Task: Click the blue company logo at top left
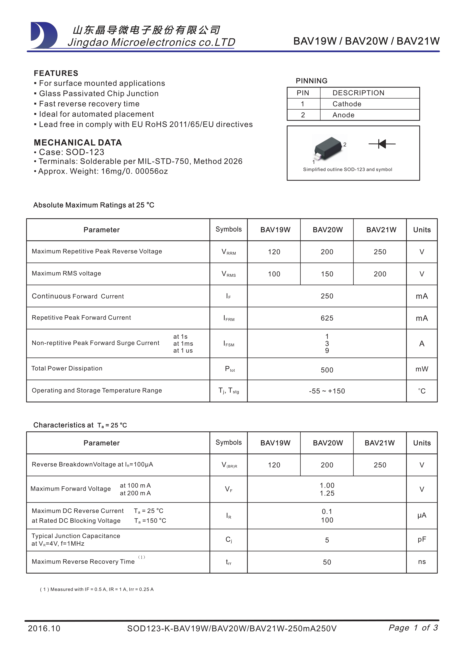(x=44, y=35)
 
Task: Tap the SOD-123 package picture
(x=329, y=148)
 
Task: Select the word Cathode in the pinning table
(x=347, y=104)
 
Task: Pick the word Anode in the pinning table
(x=343, y=115)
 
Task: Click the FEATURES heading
(x=56, y=73)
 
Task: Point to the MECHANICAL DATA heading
(x=78, y=142)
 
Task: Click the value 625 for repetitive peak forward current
(x=327, y=318)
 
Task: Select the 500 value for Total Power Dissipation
(x=327, y=370)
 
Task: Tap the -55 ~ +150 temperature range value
(x=327, y=391)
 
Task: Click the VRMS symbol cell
(x=229, y=274)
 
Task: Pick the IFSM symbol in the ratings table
(x=229, y=344)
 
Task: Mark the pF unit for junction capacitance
(x=422, y=539)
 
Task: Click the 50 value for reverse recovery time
(x=327, y=562)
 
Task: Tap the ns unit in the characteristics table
(x=422, y=562)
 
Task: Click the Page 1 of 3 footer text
(x=413, y=628)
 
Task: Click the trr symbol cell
(x=229, y=562)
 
